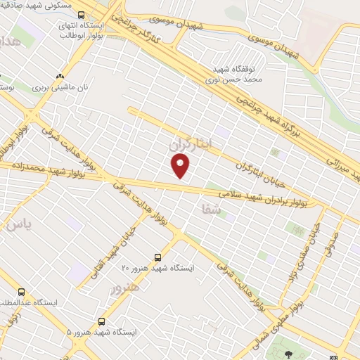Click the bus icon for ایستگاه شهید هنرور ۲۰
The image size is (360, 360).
[158, 257]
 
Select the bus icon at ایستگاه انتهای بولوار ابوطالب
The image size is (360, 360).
[82, 15]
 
